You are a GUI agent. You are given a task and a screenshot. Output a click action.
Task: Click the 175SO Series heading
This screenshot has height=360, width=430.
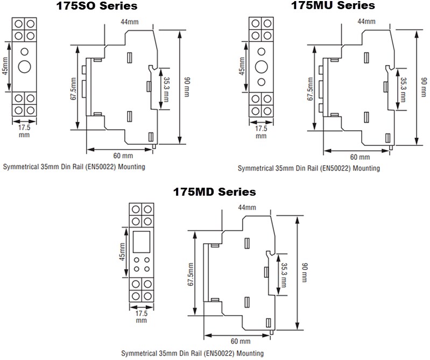pos(97,6)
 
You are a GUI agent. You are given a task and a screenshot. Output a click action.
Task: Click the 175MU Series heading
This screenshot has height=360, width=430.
pos(333,6)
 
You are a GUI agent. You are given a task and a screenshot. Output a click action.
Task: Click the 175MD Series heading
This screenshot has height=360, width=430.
pos(214,192)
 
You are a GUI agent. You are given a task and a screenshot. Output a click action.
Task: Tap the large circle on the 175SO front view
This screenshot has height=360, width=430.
pos(24,67)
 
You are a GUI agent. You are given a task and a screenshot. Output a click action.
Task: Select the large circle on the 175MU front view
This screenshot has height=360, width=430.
pos(261,67)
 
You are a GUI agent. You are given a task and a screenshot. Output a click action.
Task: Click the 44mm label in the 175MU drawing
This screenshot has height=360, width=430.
pos(366,22)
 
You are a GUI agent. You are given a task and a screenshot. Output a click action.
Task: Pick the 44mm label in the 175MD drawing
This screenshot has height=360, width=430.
pos(248,207)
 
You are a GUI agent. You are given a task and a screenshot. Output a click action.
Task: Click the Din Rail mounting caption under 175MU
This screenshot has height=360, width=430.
pos(309,168)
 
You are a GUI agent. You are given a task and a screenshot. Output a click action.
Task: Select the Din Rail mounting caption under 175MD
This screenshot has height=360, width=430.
pos(192,354)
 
